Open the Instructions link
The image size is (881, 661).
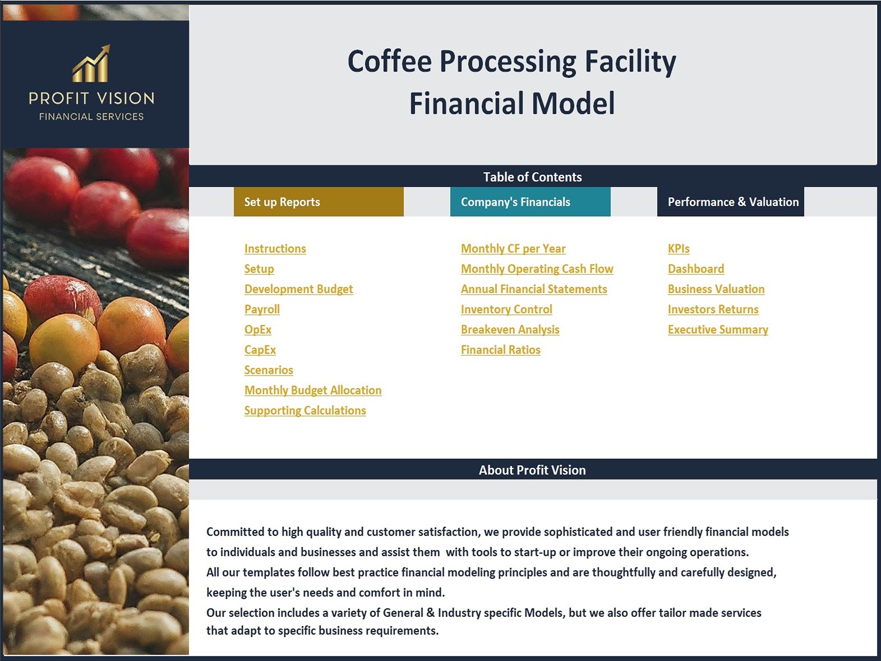[x=275, y=249]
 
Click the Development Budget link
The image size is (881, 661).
[x=299, y=289]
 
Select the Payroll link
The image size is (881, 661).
[x=262, y=309]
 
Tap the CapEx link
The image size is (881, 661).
[x=260, y=350]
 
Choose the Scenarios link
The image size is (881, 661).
[x=269, y=370]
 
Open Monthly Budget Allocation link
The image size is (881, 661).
[x=313, y=390]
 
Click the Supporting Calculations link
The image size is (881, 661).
[x=305, y=411]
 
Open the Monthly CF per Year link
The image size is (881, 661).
[x=513, y=249]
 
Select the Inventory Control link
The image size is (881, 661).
[x=507, y=309]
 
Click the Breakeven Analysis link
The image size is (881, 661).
[x=510, y=330]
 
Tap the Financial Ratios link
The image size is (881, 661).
[x=500, y=350]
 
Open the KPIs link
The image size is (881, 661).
[x=679, y=249]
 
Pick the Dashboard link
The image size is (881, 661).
[x=696, y=269]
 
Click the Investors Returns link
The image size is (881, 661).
[x=713, y=309]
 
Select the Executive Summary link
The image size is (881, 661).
[x=718, y=330]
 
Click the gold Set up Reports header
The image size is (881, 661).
[x=318, y=202]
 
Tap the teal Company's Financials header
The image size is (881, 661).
[x=530, y=202]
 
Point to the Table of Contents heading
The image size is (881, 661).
[x=533, y=177]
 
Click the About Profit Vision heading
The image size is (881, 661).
[x=532, y=470]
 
